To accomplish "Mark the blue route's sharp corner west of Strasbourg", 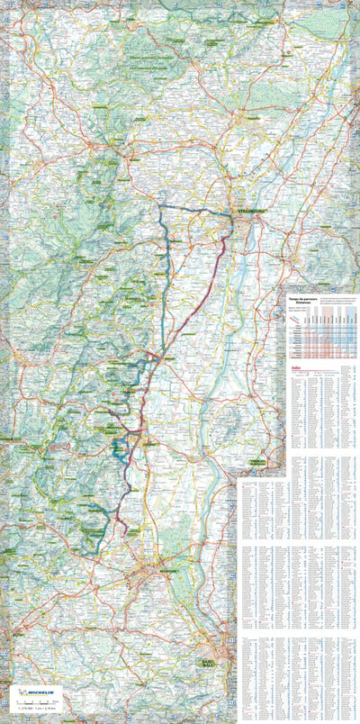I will (x=161, y=206).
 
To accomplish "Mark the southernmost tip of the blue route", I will (x=90, y=548).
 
